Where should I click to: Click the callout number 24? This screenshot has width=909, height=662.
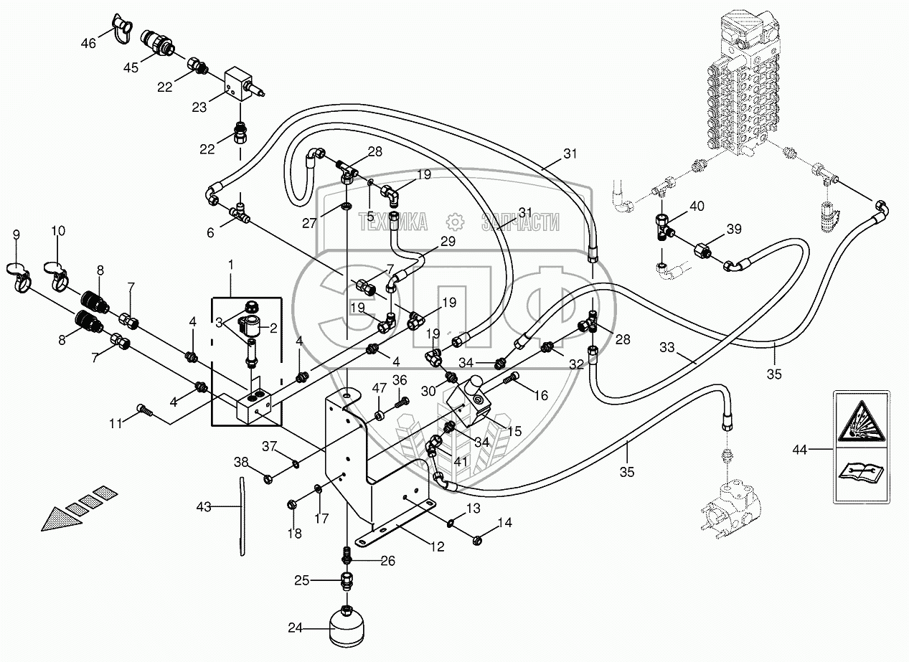pos(296,629)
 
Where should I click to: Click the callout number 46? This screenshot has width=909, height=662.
pos(88,44)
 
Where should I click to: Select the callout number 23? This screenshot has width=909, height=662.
pos(199,108)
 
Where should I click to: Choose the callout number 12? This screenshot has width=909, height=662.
pos(436,547)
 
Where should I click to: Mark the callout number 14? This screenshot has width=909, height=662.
pos(505,523)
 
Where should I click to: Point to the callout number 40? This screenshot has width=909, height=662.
pos(697,207)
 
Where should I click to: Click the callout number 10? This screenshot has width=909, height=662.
pos(57,231)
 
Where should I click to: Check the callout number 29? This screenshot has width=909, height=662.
pos(448,242)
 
